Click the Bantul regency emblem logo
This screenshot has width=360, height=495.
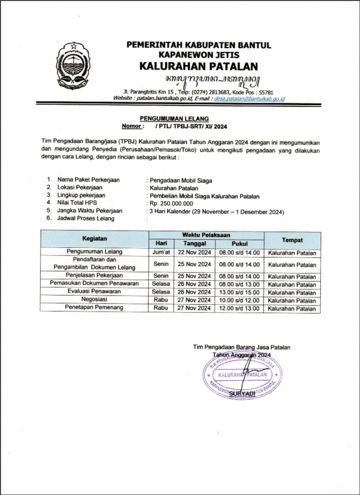click(x=73, y=66)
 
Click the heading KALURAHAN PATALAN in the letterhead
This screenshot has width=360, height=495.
click(x=198, y=66)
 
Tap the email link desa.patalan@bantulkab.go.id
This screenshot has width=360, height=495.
click(x=249, y=99)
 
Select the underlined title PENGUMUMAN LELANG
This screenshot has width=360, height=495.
click(x=174, y=118)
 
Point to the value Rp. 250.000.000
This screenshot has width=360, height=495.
click(x=171, y=204)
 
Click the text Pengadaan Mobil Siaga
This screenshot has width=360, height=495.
click(x=181, y=180)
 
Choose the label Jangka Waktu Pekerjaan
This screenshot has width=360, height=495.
click(x=89, y=211)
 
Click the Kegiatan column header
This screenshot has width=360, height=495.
click(x=95, y=238)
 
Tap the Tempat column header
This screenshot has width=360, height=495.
click(x=292, y=240)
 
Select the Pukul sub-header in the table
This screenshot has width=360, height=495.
click(x=239, y=244)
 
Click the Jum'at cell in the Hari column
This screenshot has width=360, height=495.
click(x=161, y=252)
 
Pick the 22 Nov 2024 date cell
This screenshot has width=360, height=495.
click(x=194, y=252)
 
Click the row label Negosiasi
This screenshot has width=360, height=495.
click(x=94, y=299)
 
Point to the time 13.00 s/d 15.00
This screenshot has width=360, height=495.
click(x=239, y=292)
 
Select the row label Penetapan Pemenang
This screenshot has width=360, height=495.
click(x=94, y=307)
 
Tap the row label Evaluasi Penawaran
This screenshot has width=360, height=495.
click(x=94, y=291)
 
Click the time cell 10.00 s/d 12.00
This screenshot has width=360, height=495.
click(x=239, y=300)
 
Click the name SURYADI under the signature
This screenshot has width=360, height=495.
click(x=242, y=394)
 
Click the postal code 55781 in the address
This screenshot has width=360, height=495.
click(x=266, y=92)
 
